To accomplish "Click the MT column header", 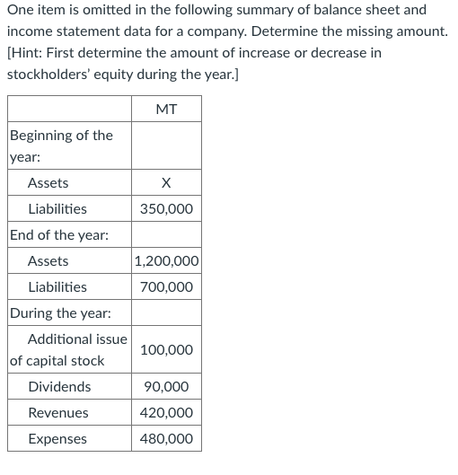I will coord(166,110).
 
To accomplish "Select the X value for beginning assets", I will coord(166,183).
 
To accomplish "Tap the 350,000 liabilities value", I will coord(166,209).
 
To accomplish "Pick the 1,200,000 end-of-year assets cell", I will coord(166,261).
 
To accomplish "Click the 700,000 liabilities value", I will coord(166,287).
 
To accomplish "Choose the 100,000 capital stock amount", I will coord(166,350).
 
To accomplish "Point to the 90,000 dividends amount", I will coord(166,387).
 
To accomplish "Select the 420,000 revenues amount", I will coord(166,413).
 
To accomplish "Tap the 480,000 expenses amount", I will coord(166,439).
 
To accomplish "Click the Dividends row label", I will coord(59,387).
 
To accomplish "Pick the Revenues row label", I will coord(58,413).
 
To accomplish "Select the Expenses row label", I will coord(57,439).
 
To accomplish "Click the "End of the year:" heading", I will coord(59,235).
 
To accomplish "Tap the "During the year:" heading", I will coord(61,313).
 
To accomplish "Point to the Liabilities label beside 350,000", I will coord(57,209).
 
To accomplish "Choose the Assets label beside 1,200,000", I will coord(48,261).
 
